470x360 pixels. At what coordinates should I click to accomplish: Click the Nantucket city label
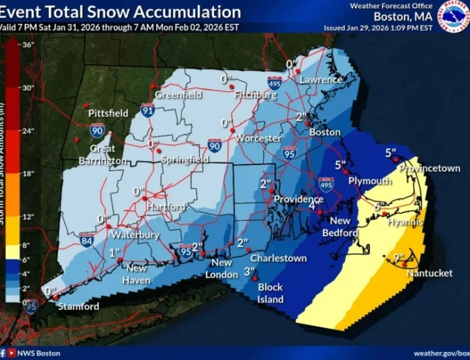429,273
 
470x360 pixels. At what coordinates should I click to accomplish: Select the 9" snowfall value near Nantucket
399,257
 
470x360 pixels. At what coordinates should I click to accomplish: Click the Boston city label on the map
324,133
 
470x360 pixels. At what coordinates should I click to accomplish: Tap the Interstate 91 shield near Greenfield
148,108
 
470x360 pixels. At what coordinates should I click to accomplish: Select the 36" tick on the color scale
27,45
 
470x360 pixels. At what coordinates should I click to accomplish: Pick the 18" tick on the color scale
27,174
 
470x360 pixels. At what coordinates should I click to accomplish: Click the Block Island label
270,293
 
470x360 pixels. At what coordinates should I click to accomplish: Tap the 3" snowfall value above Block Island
249,272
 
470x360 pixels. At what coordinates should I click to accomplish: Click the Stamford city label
78,306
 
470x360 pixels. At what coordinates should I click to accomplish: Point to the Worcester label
258,138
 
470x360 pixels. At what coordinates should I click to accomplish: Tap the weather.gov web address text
442,353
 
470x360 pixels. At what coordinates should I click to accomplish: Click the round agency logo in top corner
453,16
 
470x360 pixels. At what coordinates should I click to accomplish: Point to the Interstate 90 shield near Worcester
215,144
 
